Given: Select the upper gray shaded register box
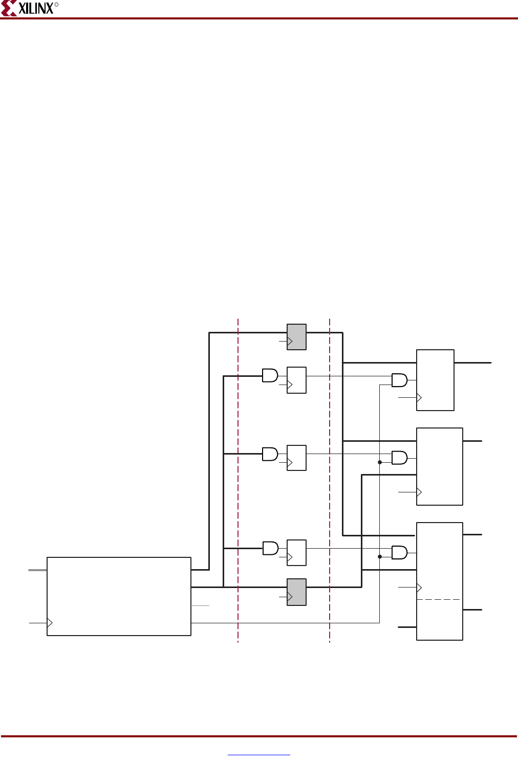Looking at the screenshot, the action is (x=296, y=337).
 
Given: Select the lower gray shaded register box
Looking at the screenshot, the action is (x=296, y=592).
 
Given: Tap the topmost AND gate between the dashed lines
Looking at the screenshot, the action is (x=270, y=376).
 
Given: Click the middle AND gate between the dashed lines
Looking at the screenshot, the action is (x=270, y=454).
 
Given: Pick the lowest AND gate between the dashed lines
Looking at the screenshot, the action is (x=270, y=549).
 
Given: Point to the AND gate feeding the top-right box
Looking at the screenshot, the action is (x=399, y=380).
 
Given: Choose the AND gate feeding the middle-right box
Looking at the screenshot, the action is (x=399, y=458).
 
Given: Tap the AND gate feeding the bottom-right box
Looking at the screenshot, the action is (x=399, y=552).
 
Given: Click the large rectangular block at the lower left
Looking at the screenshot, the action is (x=119, y=596).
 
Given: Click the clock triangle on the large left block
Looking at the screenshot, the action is (x=50, y=623).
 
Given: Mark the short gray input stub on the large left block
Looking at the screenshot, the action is (x=37, y=569).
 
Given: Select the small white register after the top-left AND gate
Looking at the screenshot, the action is (x=296, y=380).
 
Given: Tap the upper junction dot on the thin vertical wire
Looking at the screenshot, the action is (x=380, y=462).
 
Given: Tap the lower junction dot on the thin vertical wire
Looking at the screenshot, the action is (x=380, y=556).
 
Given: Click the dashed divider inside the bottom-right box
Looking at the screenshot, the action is (x=439, y=599).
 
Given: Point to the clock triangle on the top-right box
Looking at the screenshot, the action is (x=419, y=397).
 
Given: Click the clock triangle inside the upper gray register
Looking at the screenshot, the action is (x=290, y=341).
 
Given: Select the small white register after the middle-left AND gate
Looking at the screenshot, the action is (x=296, y=458).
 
